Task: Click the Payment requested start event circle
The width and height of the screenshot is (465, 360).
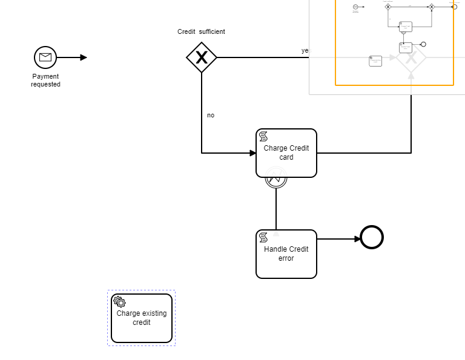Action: click(x=45, y=57)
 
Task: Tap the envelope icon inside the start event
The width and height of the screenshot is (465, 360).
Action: click(x=45, y=57)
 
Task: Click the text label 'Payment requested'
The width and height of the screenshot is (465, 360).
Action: click(x=45, y=80)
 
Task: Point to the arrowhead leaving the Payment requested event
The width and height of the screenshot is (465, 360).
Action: click(x=84, y=57)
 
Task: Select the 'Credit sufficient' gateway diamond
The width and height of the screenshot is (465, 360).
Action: click(x=202, y=57)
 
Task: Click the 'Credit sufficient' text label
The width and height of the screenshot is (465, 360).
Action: click(x=201, y=31)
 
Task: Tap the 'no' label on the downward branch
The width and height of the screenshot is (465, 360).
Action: click(x=211, y=115)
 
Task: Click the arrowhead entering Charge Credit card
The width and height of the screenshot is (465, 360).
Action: click(x=252, y=153)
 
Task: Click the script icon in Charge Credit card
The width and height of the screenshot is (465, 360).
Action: click(x=263, y=136)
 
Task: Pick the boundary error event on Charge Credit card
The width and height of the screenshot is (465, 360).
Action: click(x=276, y=178)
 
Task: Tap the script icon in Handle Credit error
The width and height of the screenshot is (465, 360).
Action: click(x=263, y=237)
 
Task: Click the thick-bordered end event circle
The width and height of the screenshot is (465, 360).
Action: click(x=372, y=237)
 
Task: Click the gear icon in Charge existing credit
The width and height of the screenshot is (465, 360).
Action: click(x=119, y=302)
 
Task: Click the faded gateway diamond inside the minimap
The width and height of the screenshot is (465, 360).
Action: click(x=411, y=58)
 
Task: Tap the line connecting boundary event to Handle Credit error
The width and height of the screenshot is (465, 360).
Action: click(x=276, y=209)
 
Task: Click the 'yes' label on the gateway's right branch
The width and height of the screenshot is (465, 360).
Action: click(x=305, y=51)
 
